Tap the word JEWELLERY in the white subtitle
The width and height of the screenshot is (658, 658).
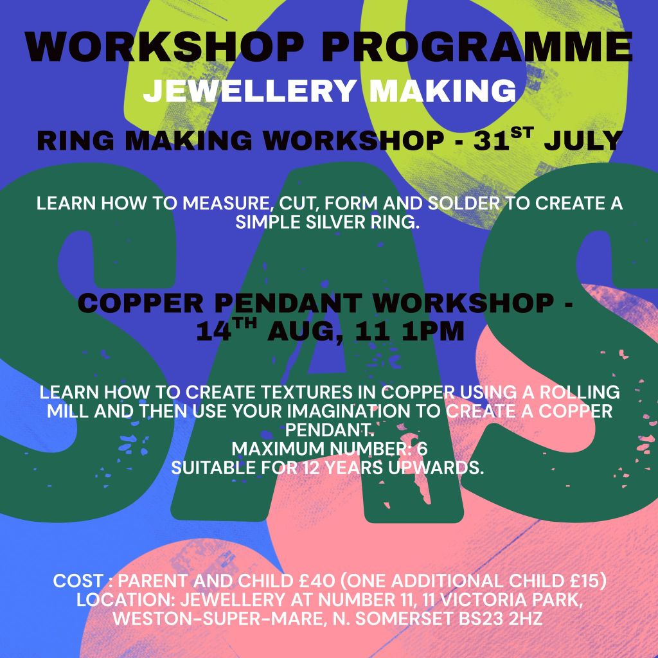click(x=250, y=90)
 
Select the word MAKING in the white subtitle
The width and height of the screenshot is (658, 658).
click(x=442, y=90)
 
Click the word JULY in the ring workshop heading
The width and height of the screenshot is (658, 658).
click(x=583, y=141)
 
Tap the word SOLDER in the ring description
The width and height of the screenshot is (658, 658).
click(x=464, y=204)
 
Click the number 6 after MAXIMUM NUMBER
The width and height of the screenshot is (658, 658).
click(x=422, y=449)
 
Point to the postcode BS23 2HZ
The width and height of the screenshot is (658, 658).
click(x=501, y=619)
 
